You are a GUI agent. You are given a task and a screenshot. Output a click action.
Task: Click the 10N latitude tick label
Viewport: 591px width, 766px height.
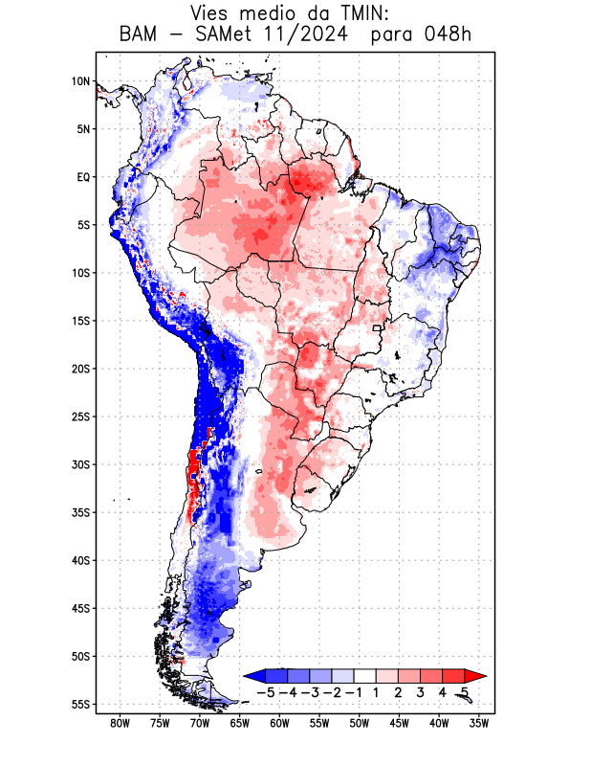pos(80,81)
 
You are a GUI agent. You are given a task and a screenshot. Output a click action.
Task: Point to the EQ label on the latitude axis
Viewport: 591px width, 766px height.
pos(83,177)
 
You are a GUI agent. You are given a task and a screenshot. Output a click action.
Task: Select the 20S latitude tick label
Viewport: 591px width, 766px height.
pos(80,369)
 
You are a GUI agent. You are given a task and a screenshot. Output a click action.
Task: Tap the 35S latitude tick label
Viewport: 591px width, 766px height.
pos(80,512)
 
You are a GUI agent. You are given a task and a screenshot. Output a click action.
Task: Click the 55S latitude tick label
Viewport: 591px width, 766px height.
pos(80,704)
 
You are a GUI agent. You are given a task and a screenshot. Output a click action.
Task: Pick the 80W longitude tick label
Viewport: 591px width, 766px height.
pos(120,723)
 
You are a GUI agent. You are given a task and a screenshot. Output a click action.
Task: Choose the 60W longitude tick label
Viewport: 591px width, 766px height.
pos(279,723)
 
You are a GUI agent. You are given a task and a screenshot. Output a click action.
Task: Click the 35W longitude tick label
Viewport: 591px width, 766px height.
pos(479,723)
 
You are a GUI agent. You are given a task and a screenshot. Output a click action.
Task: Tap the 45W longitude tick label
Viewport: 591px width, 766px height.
pos(399,723)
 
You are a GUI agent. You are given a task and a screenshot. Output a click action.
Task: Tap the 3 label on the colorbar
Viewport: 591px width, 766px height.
pos(421,692)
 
